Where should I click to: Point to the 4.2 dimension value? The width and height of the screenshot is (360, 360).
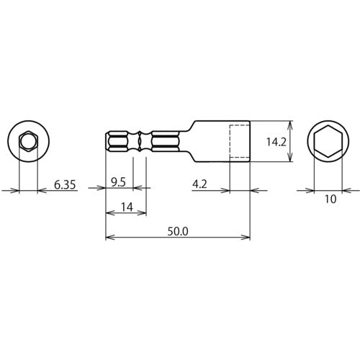[x=201, y=184]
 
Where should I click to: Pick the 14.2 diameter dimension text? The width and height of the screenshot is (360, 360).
[x=276, y=143]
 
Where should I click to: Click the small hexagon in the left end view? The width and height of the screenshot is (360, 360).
[x=28, y=141]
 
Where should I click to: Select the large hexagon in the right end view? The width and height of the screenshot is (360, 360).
[x=330, y=141]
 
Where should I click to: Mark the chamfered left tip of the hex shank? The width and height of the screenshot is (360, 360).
[x=108, y=141]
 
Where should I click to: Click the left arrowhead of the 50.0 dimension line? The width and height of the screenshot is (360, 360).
[x=109, y=237]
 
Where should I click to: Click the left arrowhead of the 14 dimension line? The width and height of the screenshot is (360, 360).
[x=109, y=213]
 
